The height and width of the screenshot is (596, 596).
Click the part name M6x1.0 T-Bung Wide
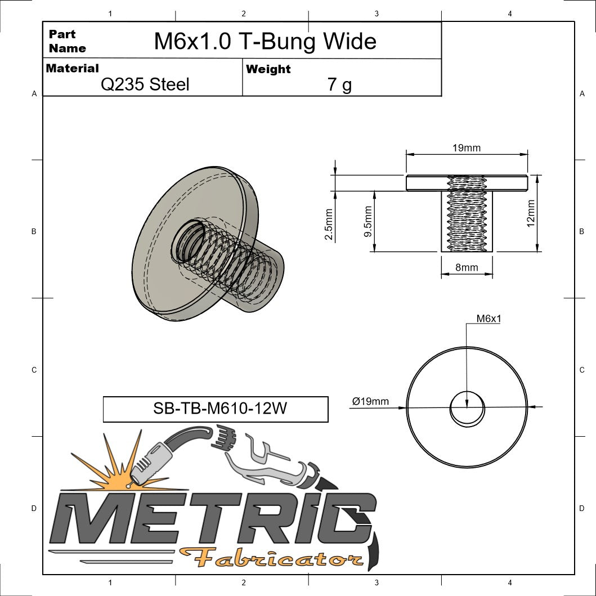click(265, 41)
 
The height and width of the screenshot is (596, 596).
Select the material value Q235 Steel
click(145, 84)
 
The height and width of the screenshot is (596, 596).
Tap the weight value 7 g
click(339, 84)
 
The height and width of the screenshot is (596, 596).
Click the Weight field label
click(268, 69)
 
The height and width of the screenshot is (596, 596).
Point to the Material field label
click(72, 68)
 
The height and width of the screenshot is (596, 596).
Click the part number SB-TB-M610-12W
click(216, 409)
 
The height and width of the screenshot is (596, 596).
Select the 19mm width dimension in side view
click(467, 148)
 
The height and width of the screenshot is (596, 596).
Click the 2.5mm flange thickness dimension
click(329, 224)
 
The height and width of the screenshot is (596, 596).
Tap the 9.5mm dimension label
click(369, 221)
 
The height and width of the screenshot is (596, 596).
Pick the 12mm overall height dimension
click(531, 213)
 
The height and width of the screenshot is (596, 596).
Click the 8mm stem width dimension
click(467, 268)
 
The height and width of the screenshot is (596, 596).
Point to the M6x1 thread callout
click(489, 319)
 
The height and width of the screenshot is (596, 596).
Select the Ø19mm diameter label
click(370, 401)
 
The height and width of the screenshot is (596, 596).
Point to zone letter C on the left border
click(34, 370)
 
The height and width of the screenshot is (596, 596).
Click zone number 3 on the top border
click(376, 13)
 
